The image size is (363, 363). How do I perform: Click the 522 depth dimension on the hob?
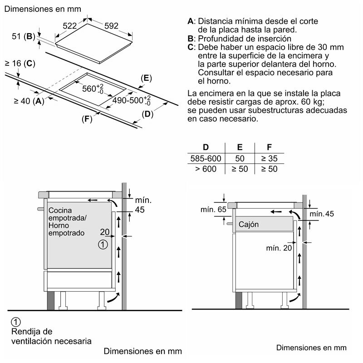pyautogui.click(x=70, y=27)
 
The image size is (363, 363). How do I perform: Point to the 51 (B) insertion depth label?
pyautogui.click(x=23, y=36)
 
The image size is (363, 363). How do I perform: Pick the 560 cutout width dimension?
pyautogui.click(x=93, y=88)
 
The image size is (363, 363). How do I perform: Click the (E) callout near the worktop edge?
pyautogui.click(x=145, y=78)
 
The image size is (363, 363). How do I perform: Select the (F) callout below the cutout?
pyautogui.click(x=87, y=119)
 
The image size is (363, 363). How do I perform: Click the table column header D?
pyautogui.click(x=206, y=147)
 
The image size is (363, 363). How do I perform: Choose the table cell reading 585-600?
pyautogui.click(x=205, y=158)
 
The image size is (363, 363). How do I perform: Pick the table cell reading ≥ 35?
pyautogui.click(x=270, y=158)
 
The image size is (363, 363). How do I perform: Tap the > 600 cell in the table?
pyautogui.click(x=205, y=169)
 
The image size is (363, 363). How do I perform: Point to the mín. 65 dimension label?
pyautogui.click(x=213, y=210)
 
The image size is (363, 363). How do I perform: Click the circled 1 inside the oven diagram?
pyautogui.click(x=103, y=245)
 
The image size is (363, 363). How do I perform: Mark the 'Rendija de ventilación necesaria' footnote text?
pyautogui.click(x=50, y=336)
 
